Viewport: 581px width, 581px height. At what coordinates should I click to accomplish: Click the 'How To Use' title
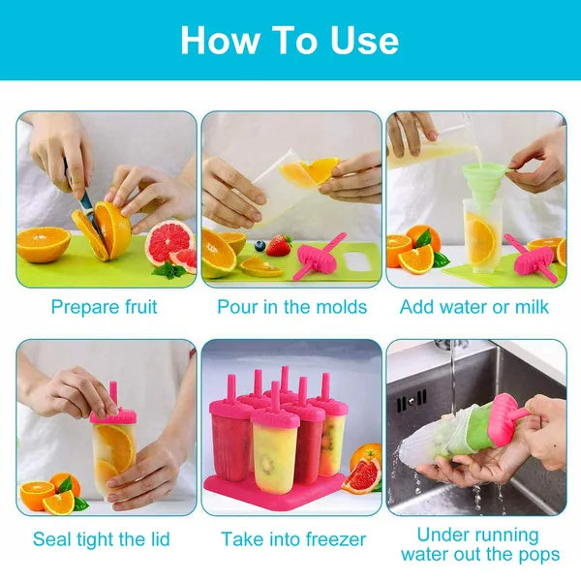[x=290, y=40]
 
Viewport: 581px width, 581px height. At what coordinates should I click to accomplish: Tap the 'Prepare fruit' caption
[x=105, y=307]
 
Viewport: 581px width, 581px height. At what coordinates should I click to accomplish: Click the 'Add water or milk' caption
[x=474, y=307]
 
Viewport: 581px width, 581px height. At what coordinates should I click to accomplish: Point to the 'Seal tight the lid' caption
[x=106, y=538]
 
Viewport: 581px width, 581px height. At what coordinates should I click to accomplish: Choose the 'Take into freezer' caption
[x=293, y=538]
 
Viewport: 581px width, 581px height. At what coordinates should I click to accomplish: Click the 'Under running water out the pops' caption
[x=480, y=544]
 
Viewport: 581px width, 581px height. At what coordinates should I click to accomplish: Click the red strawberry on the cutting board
[x=279, y=246]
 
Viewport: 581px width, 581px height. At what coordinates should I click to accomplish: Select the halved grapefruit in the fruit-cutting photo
[x=168, y=244]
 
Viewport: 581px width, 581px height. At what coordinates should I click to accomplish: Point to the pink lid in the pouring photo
[x=320, y=258]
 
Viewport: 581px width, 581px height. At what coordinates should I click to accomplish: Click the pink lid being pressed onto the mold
[x=113, y=413]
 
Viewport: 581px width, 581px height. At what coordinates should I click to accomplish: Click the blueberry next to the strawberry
[x=260, y=246]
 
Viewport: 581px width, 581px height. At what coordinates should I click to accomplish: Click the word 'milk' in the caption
[x=531, y=307]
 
